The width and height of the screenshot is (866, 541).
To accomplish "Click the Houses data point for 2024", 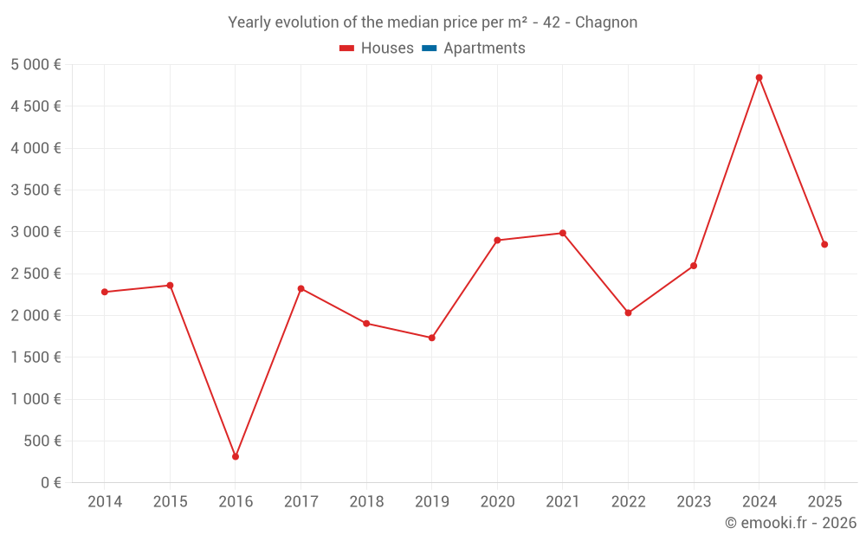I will coord(759,78).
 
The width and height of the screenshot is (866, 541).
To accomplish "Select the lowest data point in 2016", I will coord(236,456).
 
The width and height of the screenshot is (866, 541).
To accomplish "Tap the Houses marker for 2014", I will coord(105,292).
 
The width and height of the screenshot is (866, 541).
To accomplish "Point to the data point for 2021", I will coord(563,233).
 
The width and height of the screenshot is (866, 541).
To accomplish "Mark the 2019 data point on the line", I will coord(431,338).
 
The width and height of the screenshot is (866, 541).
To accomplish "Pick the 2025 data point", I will coord(824,244).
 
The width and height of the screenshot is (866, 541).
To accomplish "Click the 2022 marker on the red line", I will coord(628,312).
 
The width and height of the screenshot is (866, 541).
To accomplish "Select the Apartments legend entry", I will coord(484,48).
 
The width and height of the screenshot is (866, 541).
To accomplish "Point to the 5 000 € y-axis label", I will coord(36,65).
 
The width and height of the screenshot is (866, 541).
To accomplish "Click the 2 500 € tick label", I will coord(36,274).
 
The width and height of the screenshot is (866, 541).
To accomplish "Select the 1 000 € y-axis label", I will coord(36,399).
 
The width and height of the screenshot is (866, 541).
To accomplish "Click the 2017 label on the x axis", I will coord(301,502).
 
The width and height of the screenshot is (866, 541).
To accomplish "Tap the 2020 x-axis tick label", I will coord(497,502).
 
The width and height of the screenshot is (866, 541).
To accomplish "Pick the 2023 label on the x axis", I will coord(694,502).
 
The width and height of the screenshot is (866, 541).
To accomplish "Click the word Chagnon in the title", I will coord(605,23).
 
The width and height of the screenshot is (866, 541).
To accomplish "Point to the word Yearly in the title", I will coord(249,23).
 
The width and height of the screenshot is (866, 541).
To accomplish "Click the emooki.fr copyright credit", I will coord(790,523).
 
